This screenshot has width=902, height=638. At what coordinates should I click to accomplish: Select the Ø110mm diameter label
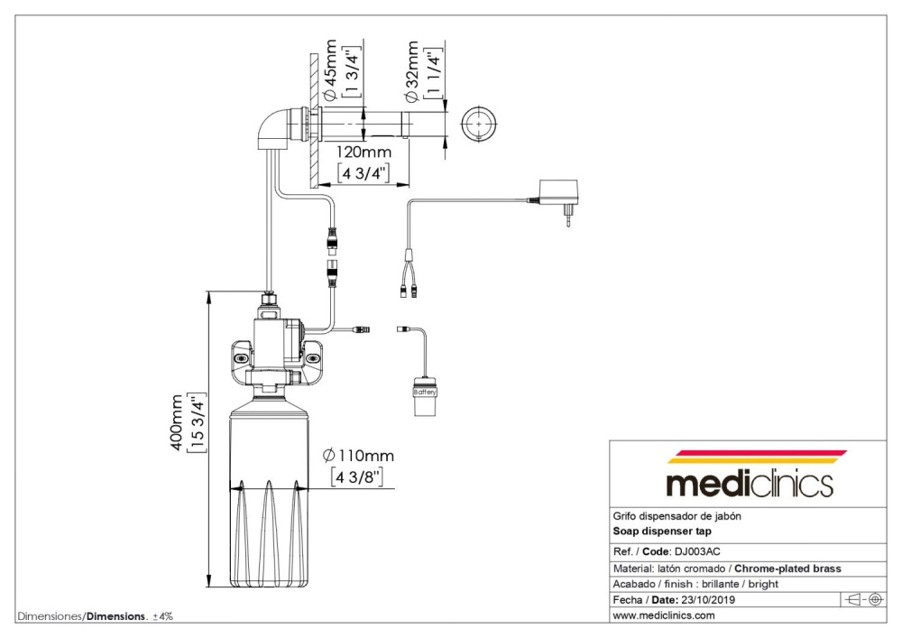(358, 455)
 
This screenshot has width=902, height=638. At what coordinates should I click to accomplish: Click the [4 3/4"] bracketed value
(364, 172)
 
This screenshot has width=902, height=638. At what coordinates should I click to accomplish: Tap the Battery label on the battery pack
(425, 393)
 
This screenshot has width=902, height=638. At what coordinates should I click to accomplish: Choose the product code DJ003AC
(692, 550)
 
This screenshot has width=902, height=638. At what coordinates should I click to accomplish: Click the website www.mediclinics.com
(664, 616)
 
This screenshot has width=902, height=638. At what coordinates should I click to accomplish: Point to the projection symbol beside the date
(863, 599)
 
